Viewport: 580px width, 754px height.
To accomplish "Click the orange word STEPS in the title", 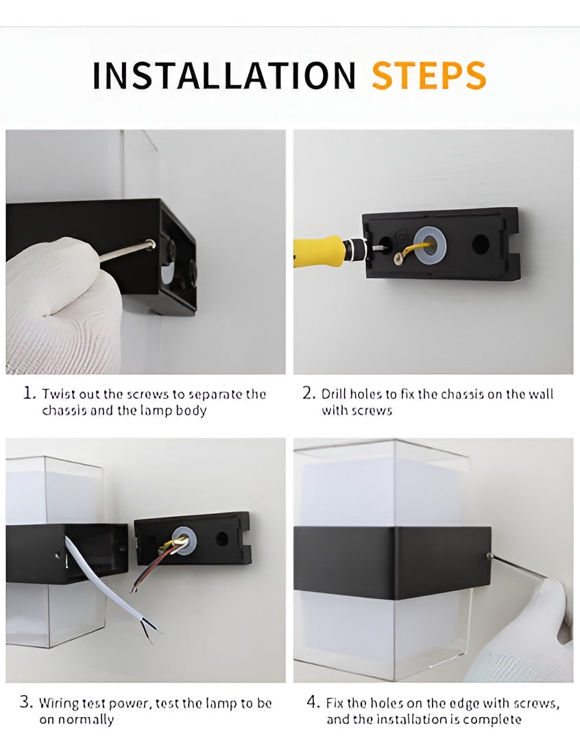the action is pyautogui.click(x=429, y=75).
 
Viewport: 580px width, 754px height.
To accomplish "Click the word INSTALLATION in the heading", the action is pyautogui.click(x=223, y=75).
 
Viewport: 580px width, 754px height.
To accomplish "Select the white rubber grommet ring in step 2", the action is pyautogui.click(x=430, y=246).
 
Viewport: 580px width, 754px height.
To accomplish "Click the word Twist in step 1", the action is pyautogui.click(x=58, y=394).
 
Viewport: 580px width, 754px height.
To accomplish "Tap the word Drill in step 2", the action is pyautogui.click(x=333, y=394).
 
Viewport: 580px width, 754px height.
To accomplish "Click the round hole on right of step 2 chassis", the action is pyautogui.click(x=480, y=245).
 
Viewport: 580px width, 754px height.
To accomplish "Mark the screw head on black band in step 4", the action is pyautogui.click(x=489, y=557).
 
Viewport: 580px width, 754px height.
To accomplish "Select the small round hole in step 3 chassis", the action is pyautogui.click(x=221, y=538).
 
